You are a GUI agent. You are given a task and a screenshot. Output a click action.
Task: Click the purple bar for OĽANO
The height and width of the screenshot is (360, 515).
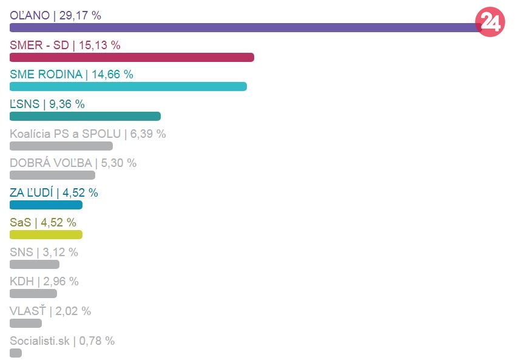coord(243,27)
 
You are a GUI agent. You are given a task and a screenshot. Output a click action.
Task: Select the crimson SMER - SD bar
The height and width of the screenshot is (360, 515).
coord(132,57)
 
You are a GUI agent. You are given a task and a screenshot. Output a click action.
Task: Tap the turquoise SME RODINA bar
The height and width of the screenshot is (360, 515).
coord(128,86)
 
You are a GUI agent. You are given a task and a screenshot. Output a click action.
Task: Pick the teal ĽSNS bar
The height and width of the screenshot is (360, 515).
coord(85,116)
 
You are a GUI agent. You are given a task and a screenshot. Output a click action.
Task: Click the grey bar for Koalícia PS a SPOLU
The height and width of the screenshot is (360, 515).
coord(61,146)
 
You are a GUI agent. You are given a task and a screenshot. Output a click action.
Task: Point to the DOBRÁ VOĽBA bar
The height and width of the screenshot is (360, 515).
coord(52,175)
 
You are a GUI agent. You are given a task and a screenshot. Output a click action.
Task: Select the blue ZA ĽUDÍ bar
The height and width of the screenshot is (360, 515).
coord(46,205)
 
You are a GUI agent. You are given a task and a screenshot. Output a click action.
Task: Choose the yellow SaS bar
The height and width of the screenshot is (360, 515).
coord(46,234)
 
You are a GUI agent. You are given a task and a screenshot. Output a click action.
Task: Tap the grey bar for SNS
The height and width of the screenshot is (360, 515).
coord(35,264)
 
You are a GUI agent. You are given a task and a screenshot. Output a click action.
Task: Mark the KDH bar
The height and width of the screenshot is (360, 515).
coord(33,293)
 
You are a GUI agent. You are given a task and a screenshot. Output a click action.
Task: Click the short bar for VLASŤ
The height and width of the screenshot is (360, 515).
coord(25,323)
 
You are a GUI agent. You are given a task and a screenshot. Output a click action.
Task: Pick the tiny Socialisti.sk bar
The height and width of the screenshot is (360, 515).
coord(16,353)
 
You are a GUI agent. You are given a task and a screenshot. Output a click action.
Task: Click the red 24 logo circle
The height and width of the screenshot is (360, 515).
coord(490,22)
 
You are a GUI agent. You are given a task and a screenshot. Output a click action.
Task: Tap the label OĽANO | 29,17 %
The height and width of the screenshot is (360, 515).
coord(55,15)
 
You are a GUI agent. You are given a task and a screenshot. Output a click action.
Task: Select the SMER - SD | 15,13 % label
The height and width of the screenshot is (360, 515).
coord(65,45)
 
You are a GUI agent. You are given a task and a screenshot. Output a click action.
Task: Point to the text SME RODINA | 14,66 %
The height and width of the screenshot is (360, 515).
coord(71,75)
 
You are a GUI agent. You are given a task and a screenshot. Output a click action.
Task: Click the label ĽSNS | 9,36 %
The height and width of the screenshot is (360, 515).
coord(47,104)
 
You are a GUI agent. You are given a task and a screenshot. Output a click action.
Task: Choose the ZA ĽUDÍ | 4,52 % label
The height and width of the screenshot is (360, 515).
coord(53,193)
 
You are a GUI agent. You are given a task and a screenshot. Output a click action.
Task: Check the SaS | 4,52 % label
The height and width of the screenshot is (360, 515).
coord(42,222)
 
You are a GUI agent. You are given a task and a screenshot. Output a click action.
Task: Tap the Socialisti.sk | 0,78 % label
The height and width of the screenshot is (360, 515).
coord(62,341)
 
